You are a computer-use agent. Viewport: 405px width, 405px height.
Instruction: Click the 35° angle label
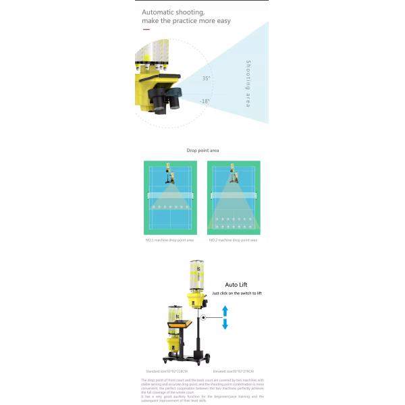coord(206,78)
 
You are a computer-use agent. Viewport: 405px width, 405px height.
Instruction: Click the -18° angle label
coord(205,101)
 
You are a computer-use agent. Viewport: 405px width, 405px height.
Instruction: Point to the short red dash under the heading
coord(146,30)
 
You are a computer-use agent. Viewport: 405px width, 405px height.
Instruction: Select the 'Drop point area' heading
coord(202,150)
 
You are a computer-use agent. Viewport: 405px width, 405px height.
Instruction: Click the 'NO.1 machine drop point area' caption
coord(169,240)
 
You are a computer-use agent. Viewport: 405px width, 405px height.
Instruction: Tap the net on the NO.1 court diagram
coord(169,195)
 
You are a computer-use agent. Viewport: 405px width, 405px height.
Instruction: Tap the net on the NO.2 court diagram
coord(236,195)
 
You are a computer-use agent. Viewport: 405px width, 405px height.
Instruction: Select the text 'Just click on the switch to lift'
coord(236,294)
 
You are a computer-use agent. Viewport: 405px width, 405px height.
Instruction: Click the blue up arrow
coord(225,310)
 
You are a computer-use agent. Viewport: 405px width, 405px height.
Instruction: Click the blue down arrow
coord(225,325)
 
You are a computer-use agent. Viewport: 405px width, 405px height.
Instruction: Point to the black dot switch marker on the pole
coord(203,317)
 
